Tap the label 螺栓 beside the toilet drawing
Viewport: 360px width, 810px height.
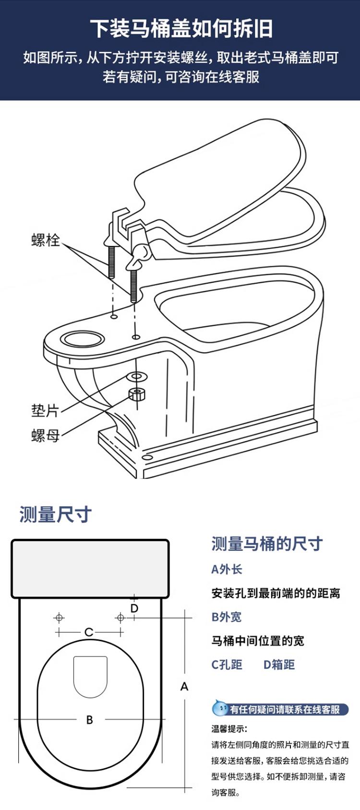coord(46,239)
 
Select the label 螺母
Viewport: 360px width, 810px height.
coord(45,436)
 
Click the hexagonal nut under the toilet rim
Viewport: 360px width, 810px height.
coord(137,394)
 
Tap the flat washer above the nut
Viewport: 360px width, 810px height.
coord(137,376)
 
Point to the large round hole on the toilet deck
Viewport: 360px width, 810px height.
coord(82,339)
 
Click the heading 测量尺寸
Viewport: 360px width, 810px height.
coord(55,514)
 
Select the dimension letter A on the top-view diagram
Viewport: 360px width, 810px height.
coord(184,687)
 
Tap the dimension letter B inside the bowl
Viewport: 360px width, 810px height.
coord(89,720)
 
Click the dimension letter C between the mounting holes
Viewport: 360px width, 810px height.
coord(89,632)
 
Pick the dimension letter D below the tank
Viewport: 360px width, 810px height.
coord(134,608)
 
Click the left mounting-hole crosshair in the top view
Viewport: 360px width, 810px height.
coord(59,618)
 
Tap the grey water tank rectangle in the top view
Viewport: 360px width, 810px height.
coord(90,569)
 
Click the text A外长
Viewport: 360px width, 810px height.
coord(227,570)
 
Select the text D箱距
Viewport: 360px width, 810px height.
coord(279,665)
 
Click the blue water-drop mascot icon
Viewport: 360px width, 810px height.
coord(220,708)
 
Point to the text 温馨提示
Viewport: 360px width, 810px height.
coord(229,729)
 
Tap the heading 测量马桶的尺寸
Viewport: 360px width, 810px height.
coord(267,544)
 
